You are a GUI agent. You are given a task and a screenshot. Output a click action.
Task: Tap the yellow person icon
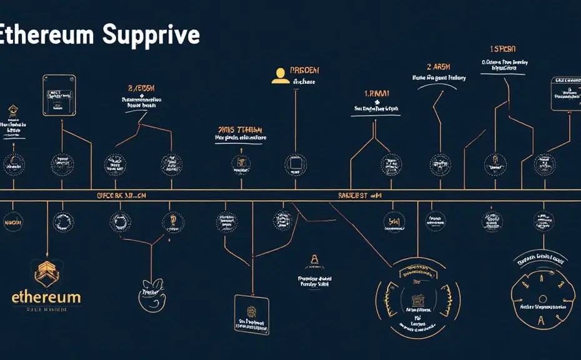(281, 75)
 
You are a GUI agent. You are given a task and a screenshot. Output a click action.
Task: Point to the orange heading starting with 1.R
(377, 94)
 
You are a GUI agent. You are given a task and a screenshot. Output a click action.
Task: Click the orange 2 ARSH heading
(439, 66)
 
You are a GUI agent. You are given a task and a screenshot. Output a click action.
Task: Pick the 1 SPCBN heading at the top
(504, 49)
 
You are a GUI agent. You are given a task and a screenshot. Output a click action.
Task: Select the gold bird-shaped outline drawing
(151, 294)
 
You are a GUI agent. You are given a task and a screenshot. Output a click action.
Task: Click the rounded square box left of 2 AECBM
(59, 95)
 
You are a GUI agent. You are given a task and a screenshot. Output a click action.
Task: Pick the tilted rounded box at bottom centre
(251, 314)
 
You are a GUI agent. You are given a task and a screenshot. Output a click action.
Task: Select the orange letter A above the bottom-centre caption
(314, 260)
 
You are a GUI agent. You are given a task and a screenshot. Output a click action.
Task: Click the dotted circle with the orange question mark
(171, 221)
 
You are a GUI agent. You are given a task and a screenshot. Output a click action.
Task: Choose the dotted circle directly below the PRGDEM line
(295, 164)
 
